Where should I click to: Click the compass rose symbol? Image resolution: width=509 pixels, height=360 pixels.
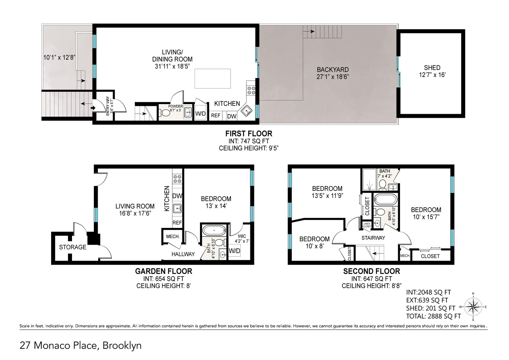click(x=473, y=307)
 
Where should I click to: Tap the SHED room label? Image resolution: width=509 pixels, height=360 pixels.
click(x=432, y=68)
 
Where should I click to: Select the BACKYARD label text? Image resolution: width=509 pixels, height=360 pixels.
click(x=332, y=69)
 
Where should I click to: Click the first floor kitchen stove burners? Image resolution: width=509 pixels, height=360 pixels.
click(x=251, y=90)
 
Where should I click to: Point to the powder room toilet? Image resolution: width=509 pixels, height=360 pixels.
click(x=165, y=113)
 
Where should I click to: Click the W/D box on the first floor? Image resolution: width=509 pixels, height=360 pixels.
click(x=200, y=114)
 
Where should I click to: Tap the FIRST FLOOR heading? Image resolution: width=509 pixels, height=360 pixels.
click(x=249, y=134)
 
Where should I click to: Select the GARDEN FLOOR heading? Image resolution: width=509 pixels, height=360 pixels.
click(x=163, y=271)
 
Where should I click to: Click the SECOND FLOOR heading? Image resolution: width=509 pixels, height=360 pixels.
click(x=371, y=271)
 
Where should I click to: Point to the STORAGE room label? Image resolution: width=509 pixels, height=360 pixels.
click(x=73, y=247)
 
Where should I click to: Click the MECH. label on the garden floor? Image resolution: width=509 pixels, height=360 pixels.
click(x=173, y=237)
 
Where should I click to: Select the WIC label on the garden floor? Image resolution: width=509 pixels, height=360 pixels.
click(x=242, y=237)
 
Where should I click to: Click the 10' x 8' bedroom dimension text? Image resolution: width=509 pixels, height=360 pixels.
click(x=314, y=246)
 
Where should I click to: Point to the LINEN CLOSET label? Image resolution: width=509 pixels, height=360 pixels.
click(x=367, y=225)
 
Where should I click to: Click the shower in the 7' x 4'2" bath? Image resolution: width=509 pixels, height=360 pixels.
click(x=369, y=180)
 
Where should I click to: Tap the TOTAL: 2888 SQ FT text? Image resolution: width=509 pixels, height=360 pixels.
click(x=433, y=316)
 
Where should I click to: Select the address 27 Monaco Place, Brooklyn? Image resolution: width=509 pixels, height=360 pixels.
click(x=81, y=346)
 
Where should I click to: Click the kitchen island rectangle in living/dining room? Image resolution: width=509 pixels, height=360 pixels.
click(x=213, y=78)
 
